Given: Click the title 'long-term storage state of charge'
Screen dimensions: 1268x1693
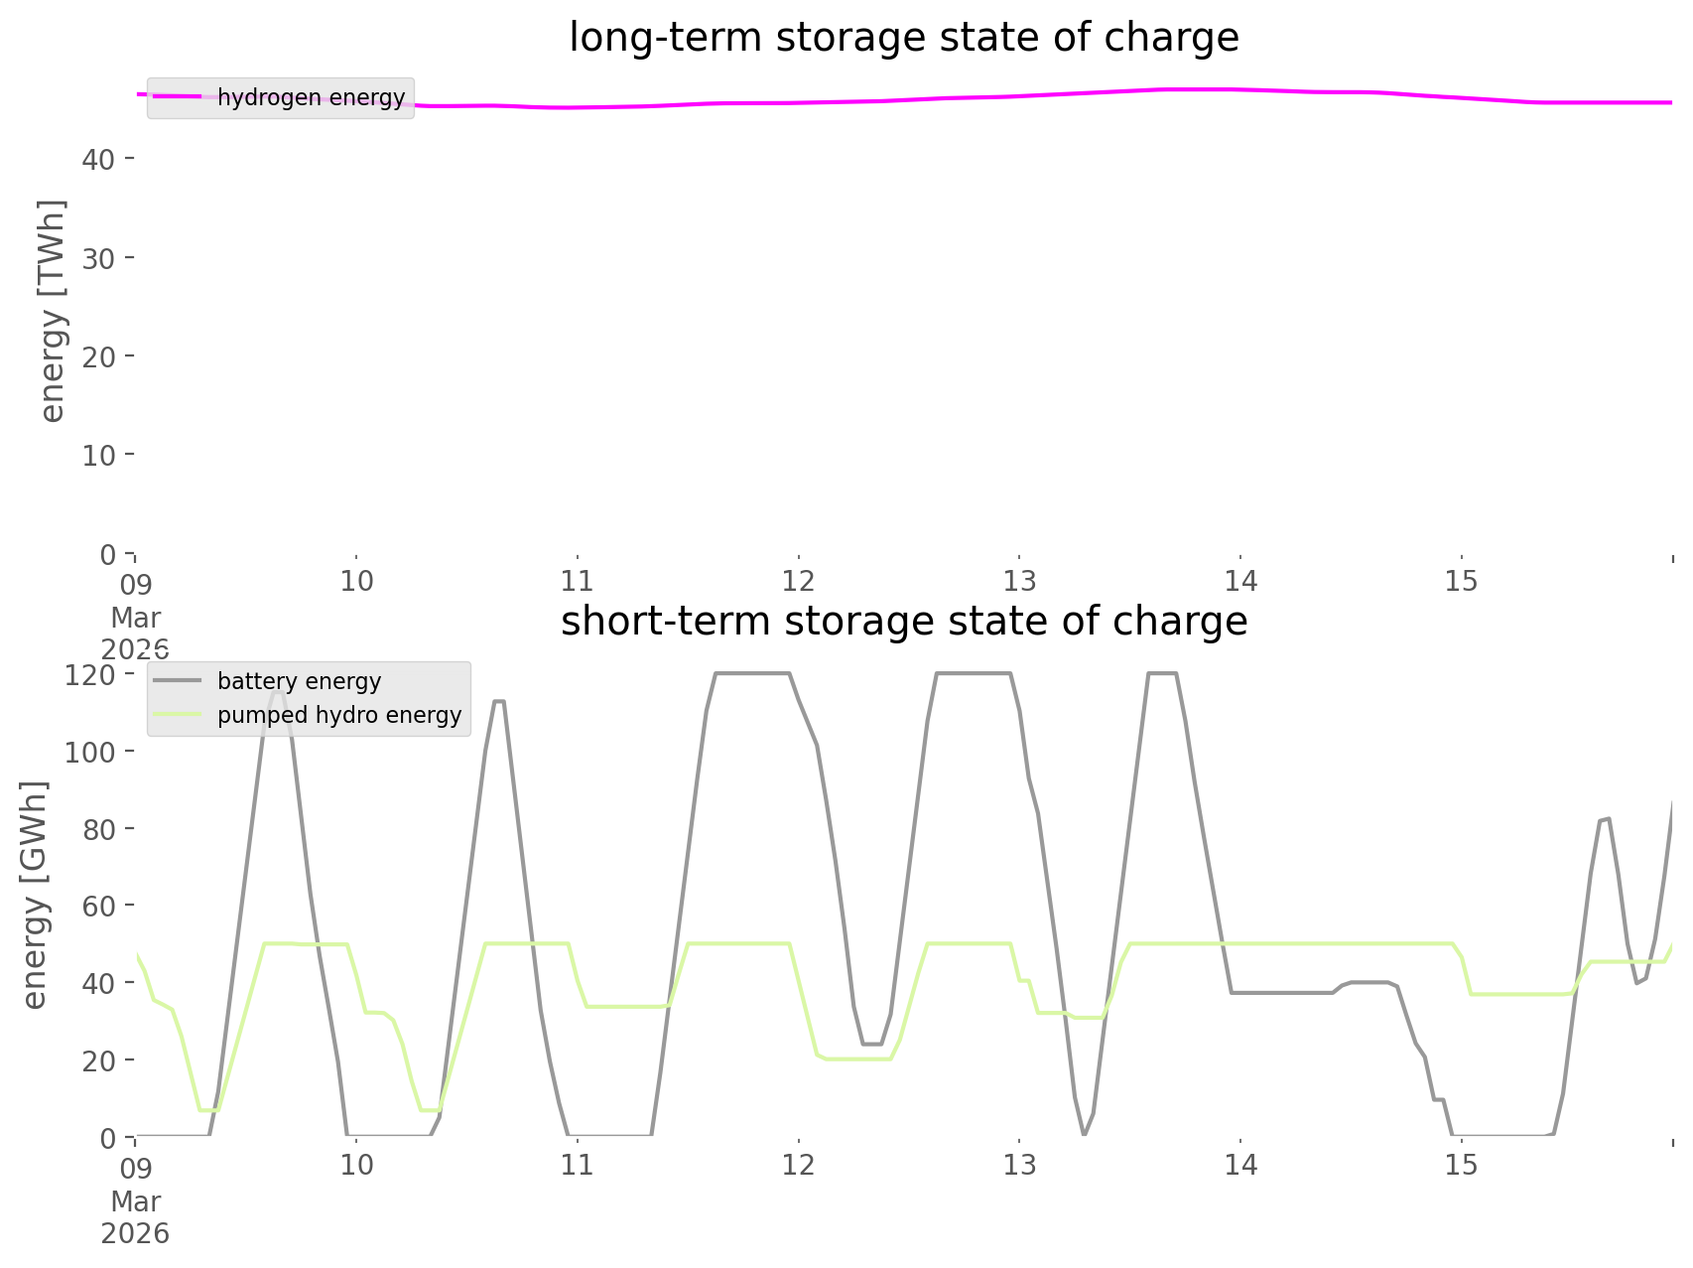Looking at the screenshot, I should tap(903, 38).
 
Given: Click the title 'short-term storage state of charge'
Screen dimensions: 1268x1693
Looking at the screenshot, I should tap(903, 622).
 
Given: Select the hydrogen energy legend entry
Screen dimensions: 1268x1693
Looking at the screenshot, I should tap(311, 97).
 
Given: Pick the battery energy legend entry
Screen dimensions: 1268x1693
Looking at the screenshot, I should tap(299, 681).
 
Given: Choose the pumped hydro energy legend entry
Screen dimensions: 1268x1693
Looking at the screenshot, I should tap(339, 715).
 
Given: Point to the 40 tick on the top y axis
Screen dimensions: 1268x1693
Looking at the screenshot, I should tap(98, 159).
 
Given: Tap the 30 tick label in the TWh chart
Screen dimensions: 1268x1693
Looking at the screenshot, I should tap(98, 257).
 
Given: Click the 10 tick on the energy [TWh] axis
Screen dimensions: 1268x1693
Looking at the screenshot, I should tap(98, 455).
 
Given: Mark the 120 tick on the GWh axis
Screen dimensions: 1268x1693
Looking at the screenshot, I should tap(90, 674).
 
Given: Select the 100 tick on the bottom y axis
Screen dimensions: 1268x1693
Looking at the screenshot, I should tap(90, 752).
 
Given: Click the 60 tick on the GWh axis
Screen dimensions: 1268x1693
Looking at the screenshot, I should tap(98, 906).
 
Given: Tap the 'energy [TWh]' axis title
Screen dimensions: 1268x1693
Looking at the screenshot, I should tap(53, 311).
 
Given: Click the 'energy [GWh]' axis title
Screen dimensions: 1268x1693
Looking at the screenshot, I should tap(35, 895).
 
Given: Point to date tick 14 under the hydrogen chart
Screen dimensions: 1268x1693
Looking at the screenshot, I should tap(1240, 581).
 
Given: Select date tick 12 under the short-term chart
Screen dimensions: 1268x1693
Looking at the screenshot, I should tap(798, 1165).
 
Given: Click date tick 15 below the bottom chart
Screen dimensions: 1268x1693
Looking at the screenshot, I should tap(1462, 1165).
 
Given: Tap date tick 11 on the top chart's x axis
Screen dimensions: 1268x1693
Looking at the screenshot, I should tap(577, 581).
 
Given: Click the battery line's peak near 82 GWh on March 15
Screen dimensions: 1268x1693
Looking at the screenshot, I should tap(1605, 819).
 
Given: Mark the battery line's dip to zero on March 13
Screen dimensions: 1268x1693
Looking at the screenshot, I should tap(1085, 1134).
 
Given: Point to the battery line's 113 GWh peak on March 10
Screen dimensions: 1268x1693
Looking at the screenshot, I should tap(499, 701).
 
